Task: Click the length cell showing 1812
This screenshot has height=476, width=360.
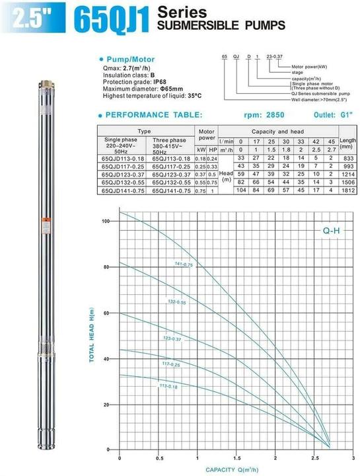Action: (x=347, y=190)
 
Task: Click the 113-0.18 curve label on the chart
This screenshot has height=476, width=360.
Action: (x=168, y=387)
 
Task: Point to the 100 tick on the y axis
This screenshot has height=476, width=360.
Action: (x=106, y=221)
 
